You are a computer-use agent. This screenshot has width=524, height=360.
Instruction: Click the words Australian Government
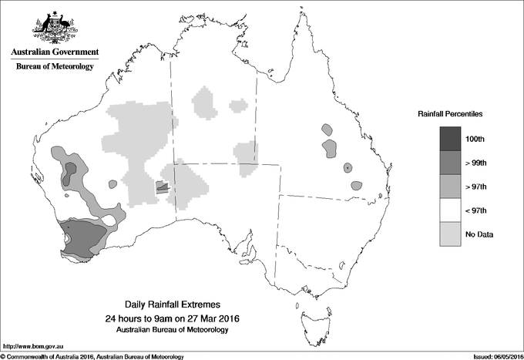tap(54, 52)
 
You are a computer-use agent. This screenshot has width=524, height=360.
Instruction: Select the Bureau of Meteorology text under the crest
tap(54, 67)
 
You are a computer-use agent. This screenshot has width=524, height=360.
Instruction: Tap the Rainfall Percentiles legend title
tap(450, 114)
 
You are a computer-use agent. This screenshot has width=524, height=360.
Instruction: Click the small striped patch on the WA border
tap(161, 186)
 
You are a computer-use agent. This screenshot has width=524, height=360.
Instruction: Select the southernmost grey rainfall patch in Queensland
tap(356, 186)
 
